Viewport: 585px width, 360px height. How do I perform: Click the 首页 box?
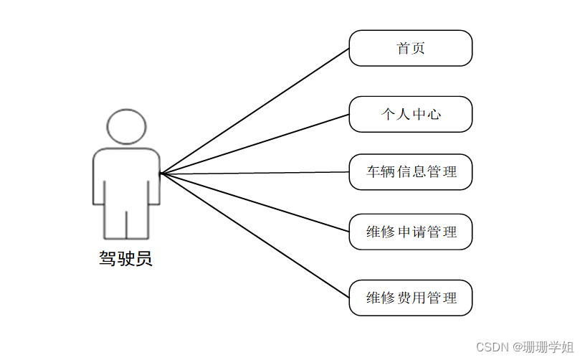(x=410, y=48)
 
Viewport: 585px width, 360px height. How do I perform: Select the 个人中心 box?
(x=410, y=114)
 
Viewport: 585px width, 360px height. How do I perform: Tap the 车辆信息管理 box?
(x=410, y=172)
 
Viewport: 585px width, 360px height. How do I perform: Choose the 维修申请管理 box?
(x=410, y=232)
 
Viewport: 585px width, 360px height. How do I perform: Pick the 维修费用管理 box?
(x=410, y=298)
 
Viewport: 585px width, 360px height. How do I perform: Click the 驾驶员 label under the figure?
(x=125, y=259)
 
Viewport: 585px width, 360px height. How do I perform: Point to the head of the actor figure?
(x=125, y=127)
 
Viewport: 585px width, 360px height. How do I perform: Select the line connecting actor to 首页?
(x=255, y=111)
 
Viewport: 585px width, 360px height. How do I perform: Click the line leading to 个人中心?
(x=255, y=144)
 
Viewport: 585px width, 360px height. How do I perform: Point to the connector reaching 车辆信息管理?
(x=255, y=173)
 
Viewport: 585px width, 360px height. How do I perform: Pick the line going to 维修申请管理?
(x=255, y=202)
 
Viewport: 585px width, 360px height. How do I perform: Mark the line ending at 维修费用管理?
(x=255, y=235)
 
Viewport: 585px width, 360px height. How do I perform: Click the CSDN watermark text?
(x=492, y=347)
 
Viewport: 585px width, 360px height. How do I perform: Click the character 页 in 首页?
(x=418, y=48)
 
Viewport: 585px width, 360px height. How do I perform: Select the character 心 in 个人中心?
(x=433, y=114)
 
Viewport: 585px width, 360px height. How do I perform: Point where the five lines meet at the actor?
(x=161, y=174)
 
